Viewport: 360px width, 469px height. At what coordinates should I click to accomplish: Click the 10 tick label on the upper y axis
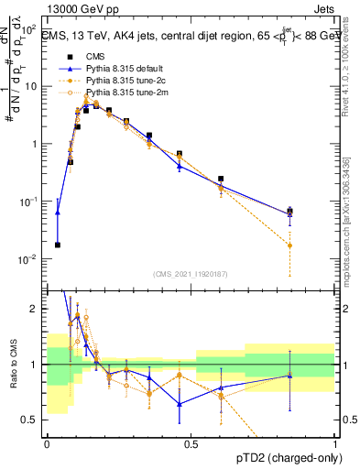[x=29, y=86]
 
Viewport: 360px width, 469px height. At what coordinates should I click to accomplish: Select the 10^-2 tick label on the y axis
[x=27, y=259]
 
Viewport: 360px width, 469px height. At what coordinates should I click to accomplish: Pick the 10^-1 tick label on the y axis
[x=27, y=202]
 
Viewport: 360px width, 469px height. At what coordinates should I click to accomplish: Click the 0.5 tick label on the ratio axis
[x=30, y=420]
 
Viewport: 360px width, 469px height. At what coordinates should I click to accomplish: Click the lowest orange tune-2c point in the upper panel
[x=290, y=245]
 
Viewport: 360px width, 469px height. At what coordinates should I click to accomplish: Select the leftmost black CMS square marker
[x=57, y=245]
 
